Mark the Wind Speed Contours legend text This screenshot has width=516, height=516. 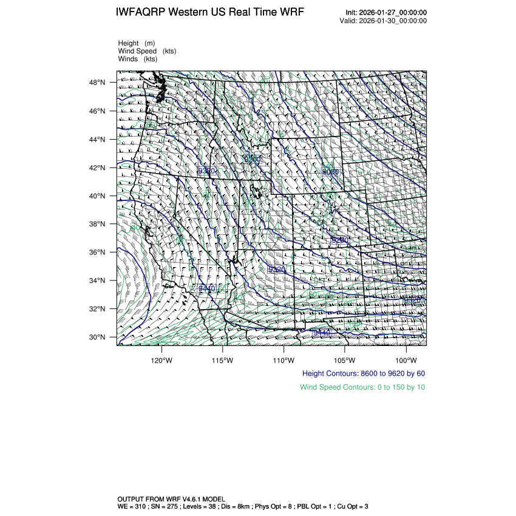click(362, 387)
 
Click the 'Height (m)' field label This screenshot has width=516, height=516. click(137, 43)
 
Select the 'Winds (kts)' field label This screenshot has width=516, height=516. click(138, 59)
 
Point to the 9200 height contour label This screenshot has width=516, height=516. click(251, 159)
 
